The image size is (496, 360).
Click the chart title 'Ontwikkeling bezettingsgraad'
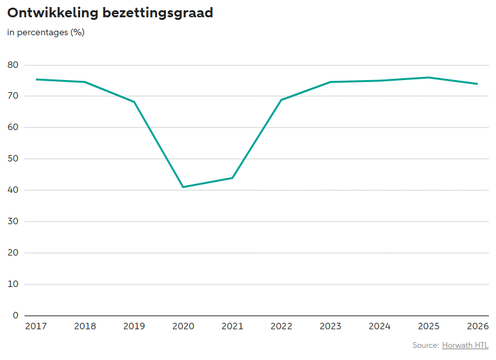tap(110, 13)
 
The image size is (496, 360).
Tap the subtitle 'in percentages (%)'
tap(46, 32)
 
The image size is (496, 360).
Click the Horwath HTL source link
tap(465, 345)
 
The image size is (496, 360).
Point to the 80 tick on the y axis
tap(13, 65)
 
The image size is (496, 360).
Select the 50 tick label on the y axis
tap(13, 158)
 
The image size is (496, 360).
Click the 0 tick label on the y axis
tap(15, 315)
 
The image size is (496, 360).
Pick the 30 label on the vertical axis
tap(13, 221)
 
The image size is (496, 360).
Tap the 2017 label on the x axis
tap(36, 326)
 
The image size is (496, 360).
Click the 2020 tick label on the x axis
tap(183, 326)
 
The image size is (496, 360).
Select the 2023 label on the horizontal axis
tap(331, 326)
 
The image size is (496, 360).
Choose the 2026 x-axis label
tap(477, 326)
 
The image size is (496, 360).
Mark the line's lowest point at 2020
tap(183, 187)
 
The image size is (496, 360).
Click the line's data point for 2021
tap(233, 178)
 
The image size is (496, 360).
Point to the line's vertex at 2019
tap(134, 102)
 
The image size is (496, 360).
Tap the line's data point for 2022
tap(281, 100)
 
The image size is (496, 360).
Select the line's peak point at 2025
tap(429, 78)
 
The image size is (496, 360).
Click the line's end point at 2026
tap(477, 84)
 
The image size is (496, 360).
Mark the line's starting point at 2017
tap(36, 79)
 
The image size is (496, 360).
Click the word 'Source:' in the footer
tap(426, 345)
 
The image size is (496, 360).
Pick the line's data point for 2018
tap(85, 82)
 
